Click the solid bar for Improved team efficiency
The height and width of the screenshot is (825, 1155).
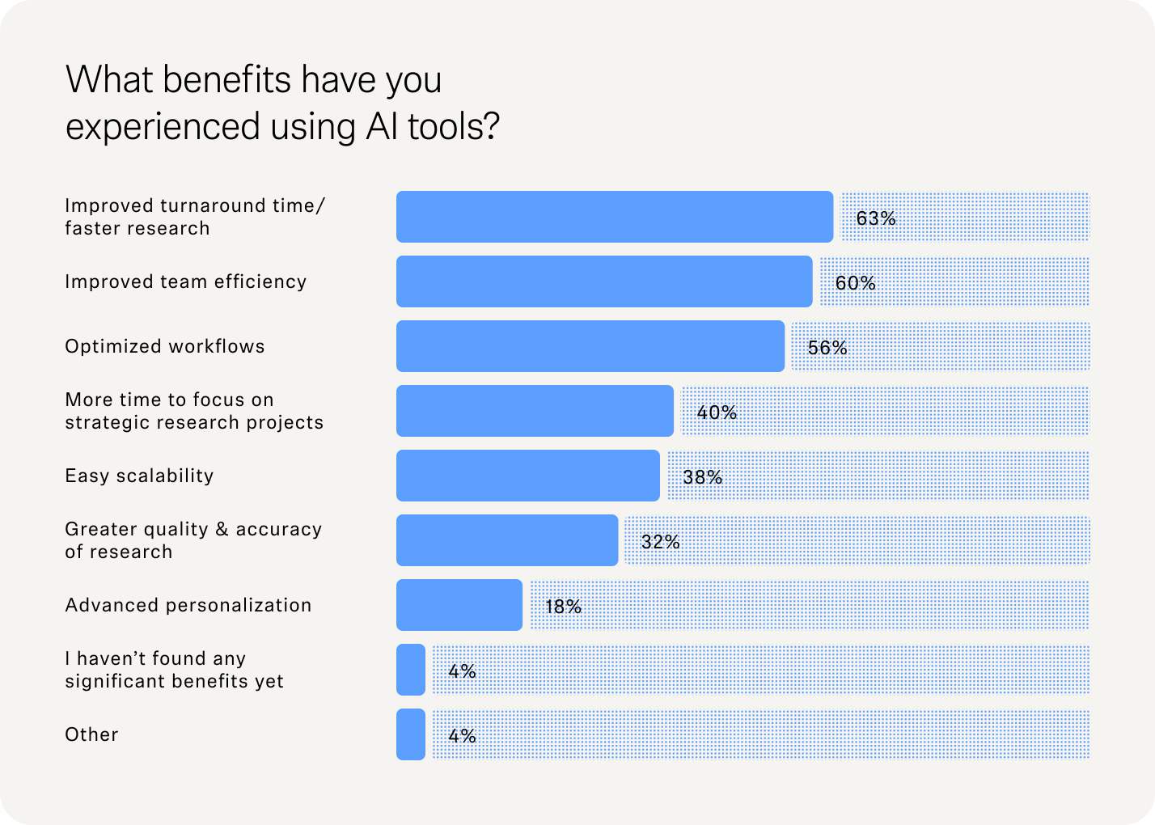(604, 281)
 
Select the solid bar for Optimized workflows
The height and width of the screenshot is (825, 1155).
(590, 346)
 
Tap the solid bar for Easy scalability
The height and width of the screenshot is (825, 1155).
(528, 476)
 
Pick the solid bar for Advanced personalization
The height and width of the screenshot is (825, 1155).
(459, 605)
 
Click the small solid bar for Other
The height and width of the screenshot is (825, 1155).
(411, 734)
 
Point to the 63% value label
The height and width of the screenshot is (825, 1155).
(876, 218)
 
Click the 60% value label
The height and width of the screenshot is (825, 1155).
(856, 283)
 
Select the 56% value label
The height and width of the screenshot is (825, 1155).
(827, 348)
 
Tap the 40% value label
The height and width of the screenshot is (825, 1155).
(717, 412)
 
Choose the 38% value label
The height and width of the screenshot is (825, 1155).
(703, 477)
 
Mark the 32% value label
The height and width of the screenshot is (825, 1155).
(661, 542)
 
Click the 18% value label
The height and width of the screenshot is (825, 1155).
(564, 607)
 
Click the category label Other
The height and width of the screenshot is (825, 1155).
(91, 734)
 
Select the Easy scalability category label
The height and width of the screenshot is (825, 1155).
(139, 476)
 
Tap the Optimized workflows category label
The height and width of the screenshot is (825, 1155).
(165, 346)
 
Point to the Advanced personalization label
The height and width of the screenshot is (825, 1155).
(188, 605)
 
